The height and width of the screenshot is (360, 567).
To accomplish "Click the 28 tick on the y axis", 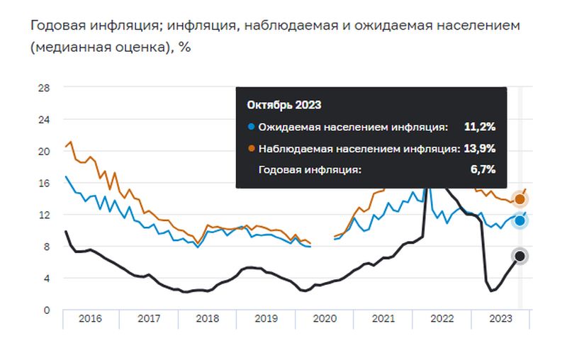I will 43,88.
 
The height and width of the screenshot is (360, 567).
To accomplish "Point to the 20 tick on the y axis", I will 43,152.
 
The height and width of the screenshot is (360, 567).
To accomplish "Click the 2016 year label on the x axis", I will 89,320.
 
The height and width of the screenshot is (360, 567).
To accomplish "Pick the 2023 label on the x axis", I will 500,320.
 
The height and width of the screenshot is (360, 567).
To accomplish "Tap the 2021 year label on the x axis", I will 383,320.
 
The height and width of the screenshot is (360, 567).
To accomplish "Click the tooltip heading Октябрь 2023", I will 284,105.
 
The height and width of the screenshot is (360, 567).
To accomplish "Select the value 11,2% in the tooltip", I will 479,127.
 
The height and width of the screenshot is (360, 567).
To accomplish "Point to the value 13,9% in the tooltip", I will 479,148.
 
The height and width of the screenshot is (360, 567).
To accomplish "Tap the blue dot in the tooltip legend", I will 251,128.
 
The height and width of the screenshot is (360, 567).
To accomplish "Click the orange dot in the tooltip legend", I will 251,149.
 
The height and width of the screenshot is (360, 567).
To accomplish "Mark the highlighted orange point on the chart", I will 520,199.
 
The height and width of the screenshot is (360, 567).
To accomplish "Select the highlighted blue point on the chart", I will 520,221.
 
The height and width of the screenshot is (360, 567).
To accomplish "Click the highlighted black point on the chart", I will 520,256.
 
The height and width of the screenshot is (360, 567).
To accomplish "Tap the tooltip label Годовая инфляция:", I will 310,170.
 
